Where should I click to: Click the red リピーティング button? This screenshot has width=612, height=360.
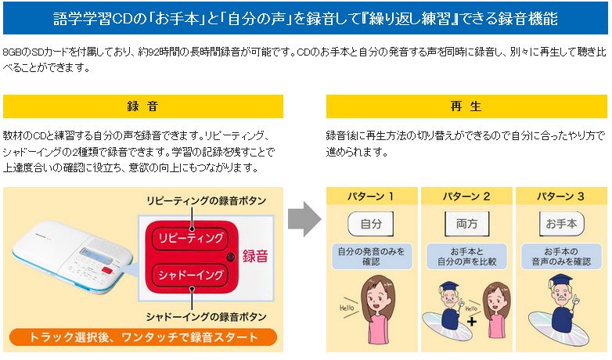point(190,238)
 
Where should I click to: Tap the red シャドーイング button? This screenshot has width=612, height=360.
point(190,275)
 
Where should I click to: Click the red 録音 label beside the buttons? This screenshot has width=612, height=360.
point(255,256)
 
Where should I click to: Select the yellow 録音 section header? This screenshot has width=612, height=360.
point(143,106)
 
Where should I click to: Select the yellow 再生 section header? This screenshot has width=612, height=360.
point(466,106)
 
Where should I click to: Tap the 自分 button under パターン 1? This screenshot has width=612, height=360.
point(371,224)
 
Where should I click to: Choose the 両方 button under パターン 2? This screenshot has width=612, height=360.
point(466,224)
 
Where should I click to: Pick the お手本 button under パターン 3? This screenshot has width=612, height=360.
point(561,224)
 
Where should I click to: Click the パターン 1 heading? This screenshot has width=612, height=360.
point(371,196)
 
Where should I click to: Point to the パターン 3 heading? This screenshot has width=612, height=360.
point(561,196)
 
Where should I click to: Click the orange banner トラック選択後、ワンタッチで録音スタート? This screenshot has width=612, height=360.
point(143,337)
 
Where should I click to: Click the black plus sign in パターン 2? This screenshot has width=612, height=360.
point(472,322)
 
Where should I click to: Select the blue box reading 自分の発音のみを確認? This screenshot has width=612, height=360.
point(372,257)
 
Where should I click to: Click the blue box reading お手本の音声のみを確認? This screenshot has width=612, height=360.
point(561,257)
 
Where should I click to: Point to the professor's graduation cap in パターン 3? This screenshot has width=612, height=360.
point(561,280)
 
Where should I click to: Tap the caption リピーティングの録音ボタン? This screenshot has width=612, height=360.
point(206,200)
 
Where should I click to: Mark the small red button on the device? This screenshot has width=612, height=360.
point(107,270)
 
